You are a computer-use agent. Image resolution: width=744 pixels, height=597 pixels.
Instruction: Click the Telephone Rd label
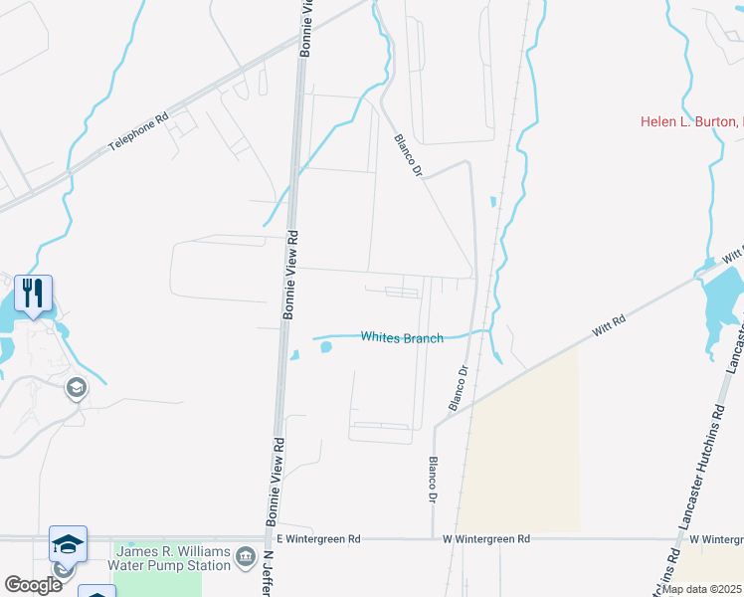139,130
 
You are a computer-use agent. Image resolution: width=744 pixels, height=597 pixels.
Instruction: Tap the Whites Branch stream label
402,337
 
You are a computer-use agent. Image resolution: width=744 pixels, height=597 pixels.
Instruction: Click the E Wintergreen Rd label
318,538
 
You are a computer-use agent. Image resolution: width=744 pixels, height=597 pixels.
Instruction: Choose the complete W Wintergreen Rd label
486,538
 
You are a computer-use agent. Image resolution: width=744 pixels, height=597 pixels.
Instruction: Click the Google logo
33,584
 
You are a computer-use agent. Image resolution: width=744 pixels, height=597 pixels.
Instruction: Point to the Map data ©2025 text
701,589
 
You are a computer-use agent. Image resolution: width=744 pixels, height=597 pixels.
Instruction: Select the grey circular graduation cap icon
76,387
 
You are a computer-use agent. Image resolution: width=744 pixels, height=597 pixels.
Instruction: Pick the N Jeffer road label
268,574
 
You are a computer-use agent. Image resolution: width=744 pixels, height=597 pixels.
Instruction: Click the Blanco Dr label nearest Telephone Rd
408,155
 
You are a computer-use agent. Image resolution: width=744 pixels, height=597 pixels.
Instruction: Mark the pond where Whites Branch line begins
324,346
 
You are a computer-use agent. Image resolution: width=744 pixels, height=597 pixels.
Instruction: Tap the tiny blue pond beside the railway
492,202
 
